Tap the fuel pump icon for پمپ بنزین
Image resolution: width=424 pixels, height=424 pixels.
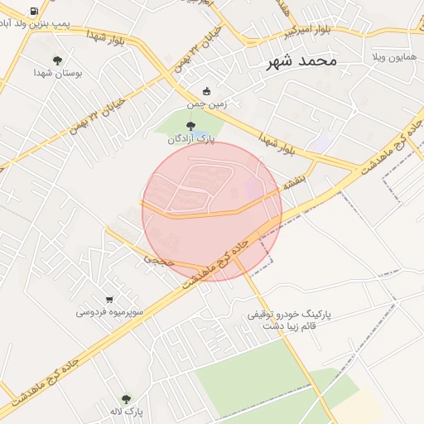pyautogui.click(x=33, y=12)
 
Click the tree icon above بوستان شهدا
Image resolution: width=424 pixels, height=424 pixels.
pyautogui.click(x=57, y=60)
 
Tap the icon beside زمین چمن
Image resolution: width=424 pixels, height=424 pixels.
pyautogui.click(x=207, y=91)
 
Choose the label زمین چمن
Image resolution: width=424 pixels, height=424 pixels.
pyautogui.click(x=206, y=105)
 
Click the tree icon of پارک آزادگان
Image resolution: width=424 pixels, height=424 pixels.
pyautogui.click(x=191, y=126)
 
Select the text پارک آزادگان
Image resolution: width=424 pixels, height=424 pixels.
pyautogui.click(x=190, y=139)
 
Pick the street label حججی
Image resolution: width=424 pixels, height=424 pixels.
pyautogui.click(x=158, y=259)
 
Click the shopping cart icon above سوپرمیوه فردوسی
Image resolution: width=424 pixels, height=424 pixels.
pyautogui.click(x=109, y=299)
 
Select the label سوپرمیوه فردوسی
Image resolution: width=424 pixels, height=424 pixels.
pyautogui.click(x=109, y=313)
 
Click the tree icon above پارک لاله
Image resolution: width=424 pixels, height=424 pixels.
pyautogui.click(x=126, y=398)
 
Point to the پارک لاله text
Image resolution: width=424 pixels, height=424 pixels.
pyautogui.click(x=126, y=412)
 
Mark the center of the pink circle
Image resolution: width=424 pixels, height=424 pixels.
pyautogui.click(x=212, y=211)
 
